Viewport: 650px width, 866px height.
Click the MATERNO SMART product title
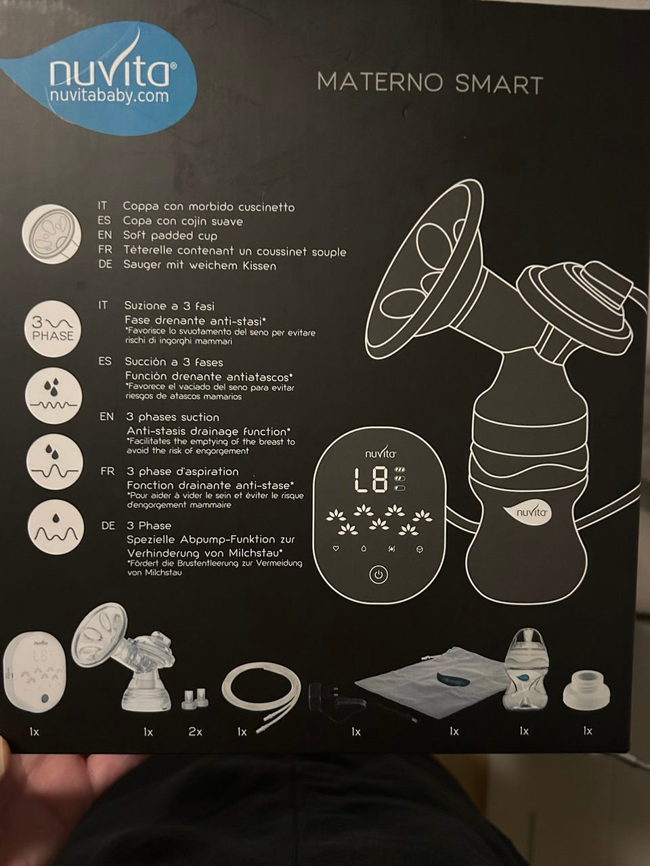click(x=430, y=83)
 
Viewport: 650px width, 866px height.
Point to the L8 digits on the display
click(x=370, y=480)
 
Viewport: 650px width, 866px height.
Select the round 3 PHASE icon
click(x=53, y=329)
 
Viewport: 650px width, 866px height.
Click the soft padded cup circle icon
click(x=51, y=233)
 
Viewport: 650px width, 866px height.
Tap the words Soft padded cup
click(x=170, y=235)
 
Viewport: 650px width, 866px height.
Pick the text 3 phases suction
click(x=173, y=417)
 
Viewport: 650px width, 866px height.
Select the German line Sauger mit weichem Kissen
click(x=200, y=265)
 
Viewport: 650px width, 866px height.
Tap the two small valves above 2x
click(x=195, y=698)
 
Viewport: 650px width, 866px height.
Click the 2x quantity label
click(x=195, y=732)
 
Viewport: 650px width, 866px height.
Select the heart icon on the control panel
click(x=336, y=548)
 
